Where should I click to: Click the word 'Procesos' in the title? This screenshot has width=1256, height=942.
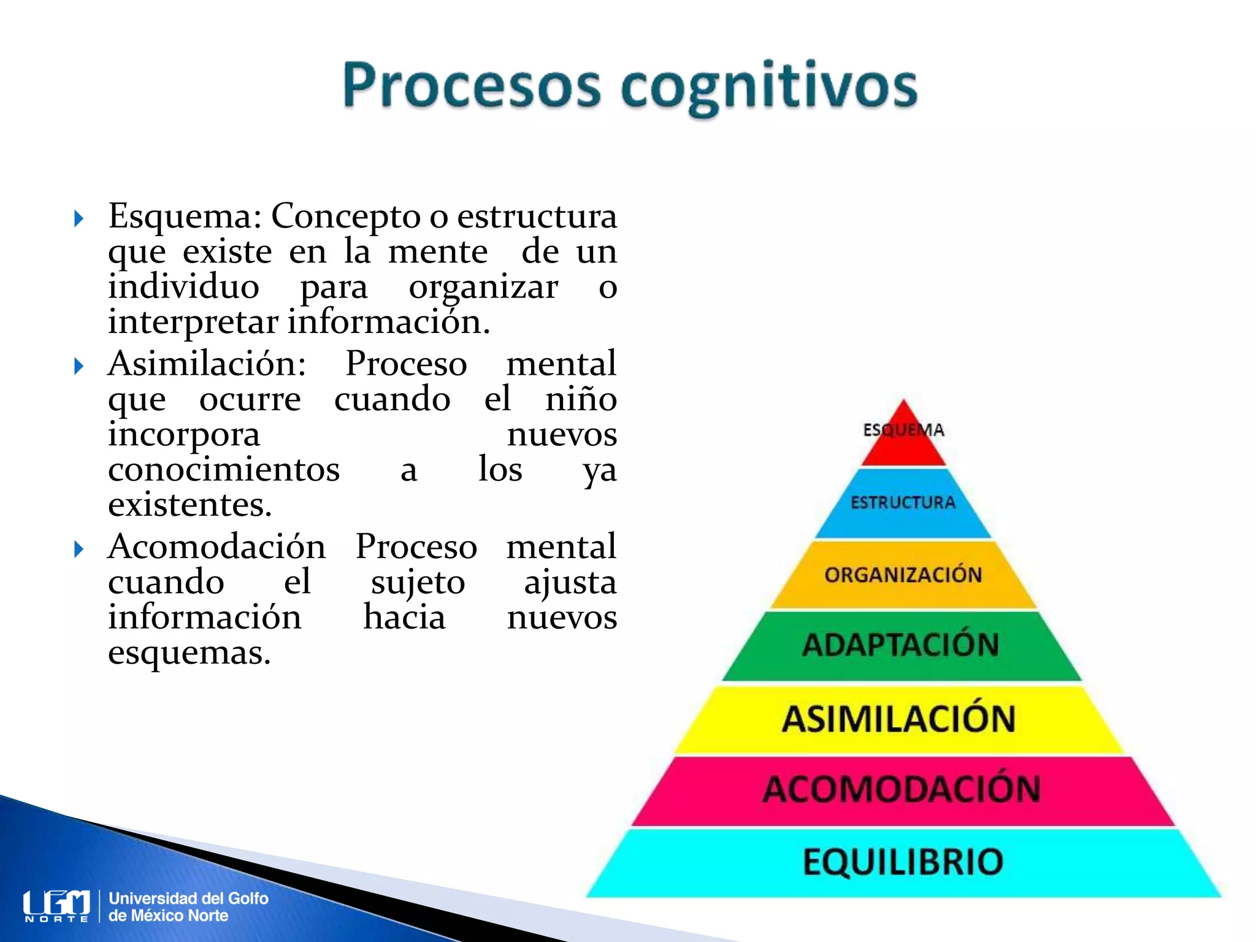[x=472, y=85]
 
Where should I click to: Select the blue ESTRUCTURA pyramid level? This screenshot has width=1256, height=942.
[x=903, y=503]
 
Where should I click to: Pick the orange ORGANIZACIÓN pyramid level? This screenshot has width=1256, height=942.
[x=903, y=575]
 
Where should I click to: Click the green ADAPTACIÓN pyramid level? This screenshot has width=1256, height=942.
[x=902, y=645]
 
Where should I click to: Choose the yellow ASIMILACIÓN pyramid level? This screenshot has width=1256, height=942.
[x=899, y=719]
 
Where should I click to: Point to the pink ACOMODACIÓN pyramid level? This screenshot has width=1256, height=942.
[x=902, y=789]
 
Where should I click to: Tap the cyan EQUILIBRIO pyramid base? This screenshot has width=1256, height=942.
[x=903, y=862]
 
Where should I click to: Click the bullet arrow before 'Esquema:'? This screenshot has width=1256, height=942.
[x=78, y=218]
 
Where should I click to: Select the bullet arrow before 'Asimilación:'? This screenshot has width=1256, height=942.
[x=78, y=366]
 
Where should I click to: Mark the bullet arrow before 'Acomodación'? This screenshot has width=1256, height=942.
[x=78, y=549]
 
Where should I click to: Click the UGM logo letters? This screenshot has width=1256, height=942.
[x=56, y=904]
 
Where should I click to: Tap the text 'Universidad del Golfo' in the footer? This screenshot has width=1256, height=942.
[x=189, y=898]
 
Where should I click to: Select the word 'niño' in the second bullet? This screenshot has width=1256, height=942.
[x=581, y=399]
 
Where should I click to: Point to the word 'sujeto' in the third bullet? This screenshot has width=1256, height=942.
[x=418, y=582]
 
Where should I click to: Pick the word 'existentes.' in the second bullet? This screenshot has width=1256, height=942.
[x=190, y=505]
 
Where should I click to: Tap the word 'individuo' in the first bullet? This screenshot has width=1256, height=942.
[x=184, y=286]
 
